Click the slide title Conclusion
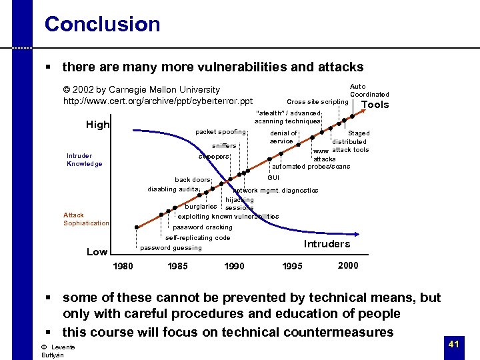click(x=102, y=25)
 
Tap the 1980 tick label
click(x=123, y=267)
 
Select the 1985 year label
click(x=177, y=267)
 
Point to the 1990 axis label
click(x=233, y=267)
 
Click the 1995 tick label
click(x=292, y=267)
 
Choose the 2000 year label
click(x=348, y=265)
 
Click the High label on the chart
click(x=98, y=125)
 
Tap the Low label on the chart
click(x=97, y=252)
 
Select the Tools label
click(x=375, y=105)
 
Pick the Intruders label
click(x=327, y=244)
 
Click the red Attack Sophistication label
click(x=86, y=219)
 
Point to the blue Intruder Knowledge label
click(x=84, y=160)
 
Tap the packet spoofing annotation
click(x=220, y=132)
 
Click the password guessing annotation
click(x=171, y=248)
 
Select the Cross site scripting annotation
click(x=317, y=102)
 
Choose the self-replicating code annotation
click(x=197, y=238)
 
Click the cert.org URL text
click(x=157, y=101)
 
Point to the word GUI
click(x=273, y=178)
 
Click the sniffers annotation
click(x=224, y=145)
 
